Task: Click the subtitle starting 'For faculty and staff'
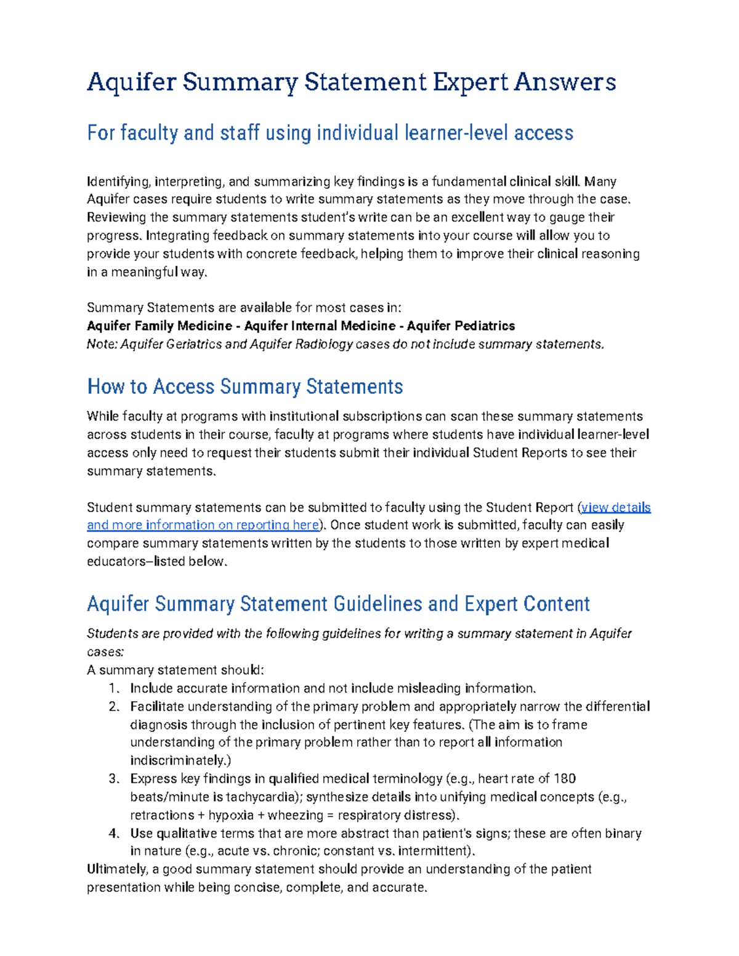point(330,133)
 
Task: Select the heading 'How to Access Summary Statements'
point(245,387)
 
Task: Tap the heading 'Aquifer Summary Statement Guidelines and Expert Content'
point(338,604)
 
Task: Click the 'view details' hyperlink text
point(616,507)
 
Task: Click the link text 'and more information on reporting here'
point(203,525)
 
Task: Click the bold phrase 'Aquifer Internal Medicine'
point(320,326)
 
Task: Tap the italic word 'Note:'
point(102,344)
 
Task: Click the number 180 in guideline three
point(565,779)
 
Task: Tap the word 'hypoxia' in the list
point(231,815)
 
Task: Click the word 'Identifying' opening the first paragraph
point(118,182)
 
